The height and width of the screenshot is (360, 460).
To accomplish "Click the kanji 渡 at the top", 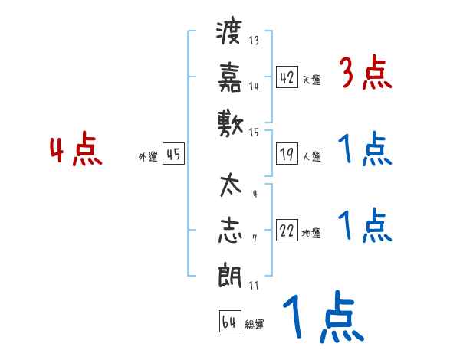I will (229, 33).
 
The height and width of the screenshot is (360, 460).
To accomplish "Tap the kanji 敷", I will (229, 122).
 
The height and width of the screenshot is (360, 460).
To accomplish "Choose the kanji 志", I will (229, 232).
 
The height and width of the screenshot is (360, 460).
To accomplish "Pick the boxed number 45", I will (173, 154).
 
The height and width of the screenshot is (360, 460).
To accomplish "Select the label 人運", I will (311, 157).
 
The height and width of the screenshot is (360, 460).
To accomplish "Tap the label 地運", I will (311, 234).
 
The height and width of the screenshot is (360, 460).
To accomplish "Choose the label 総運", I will (255, 325).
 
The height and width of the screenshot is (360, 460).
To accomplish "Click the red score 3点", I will (366, 74).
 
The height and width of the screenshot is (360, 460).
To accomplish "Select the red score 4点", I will (76, 150).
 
